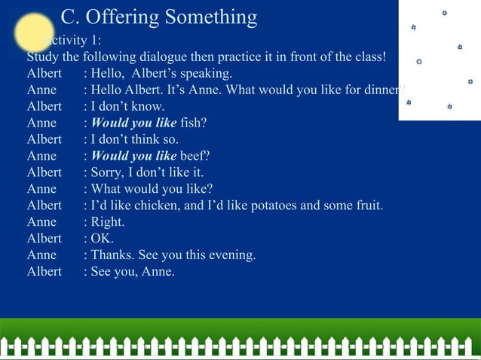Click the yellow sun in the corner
[x=34, y=32]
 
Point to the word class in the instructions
[x=367, y=56]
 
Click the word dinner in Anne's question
[x=381, y=90]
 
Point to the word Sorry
[x=108, y=172]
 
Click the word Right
[x=108, y=221]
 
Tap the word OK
[x=102, y=238]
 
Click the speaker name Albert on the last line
[x=44, y=271]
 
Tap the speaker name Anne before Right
[x=41, y=221]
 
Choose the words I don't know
[x=127, y=106]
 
